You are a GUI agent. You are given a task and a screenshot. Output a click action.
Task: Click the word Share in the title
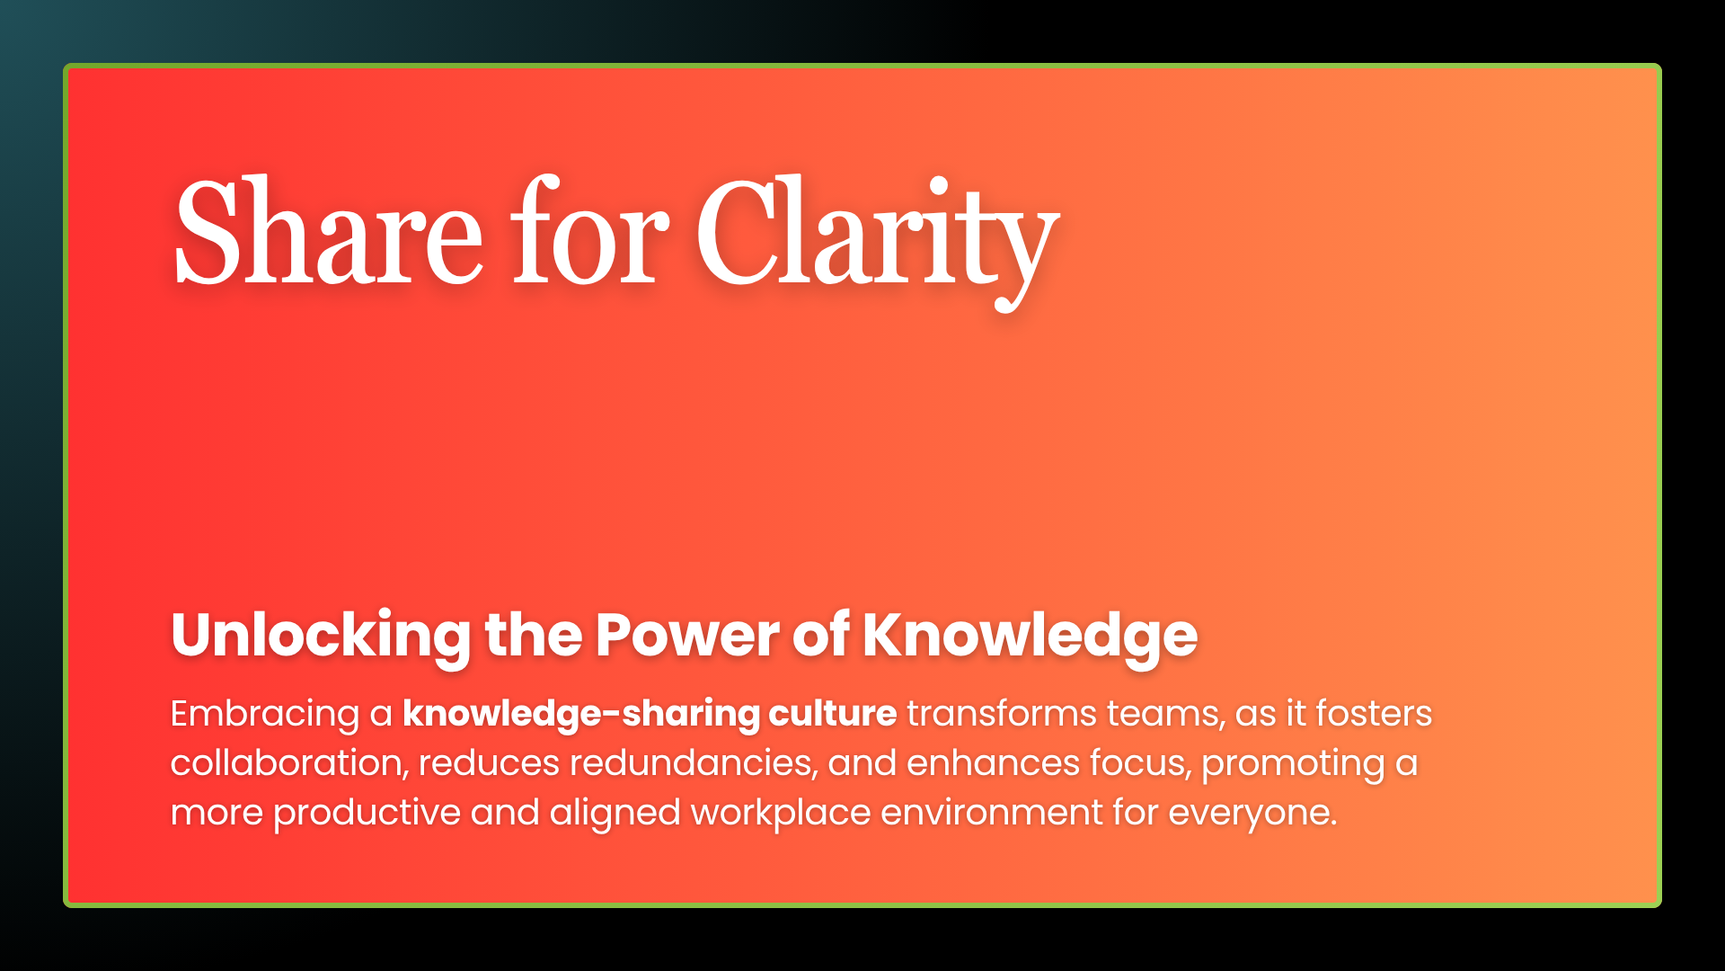tap(329, 232)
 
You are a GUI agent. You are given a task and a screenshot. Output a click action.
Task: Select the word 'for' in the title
tap(589, 232)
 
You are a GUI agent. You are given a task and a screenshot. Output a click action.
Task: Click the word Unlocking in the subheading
tap(321, 636)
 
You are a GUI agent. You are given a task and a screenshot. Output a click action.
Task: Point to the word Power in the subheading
tap(687, 636)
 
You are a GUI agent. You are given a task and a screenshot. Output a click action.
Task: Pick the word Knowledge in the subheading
tap(1030, 636)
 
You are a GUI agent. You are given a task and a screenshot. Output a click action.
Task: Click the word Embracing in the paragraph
tap(265, 714)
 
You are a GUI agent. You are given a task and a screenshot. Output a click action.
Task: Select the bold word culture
tap(832, 714)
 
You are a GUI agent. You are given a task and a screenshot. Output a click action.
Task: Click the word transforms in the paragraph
tap(1002, 714)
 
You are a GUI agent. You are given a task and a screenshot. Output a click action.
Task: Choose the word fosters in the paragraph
tap(1374, 714)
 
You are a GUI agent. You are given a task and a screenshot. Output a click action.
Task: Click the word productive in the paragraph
tap(367, 813)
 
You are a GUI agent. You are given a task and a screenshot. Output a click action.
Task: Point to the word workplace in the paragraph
tap(780, 813)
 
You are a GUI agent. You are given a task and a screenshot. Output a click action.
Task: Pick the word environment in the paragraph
tap(991, 813)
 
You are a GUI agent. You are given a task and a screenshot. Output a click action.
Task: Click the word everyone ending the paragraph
tap(1252, 813)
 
